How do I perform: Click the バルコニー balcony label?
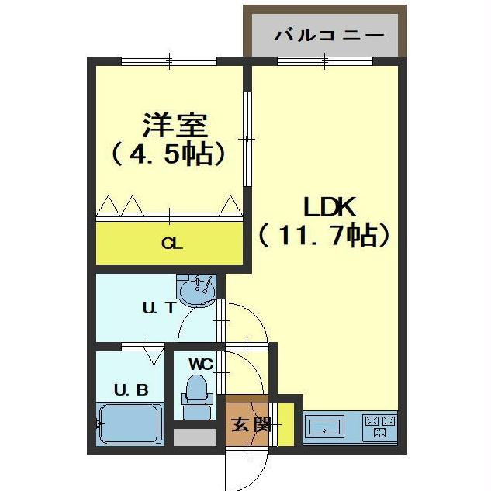pyautogui.click(x=330, y=36)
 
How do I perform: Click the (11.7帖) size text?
pyautogui.click(x=323, y=233)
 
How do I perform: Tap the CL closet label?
pyautogui.click(x=171, y=244)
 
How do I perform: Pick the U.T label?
pyautogui.click(x=158, y=308)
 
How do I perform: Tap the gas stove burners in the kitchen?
pyautogui.click(x=379, y=426)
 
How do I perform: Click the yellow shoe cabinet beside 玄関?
pyautogui.click(x=285, y=424)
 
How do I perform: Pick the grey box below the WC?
pyautogui.click(x=195, y=437)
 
